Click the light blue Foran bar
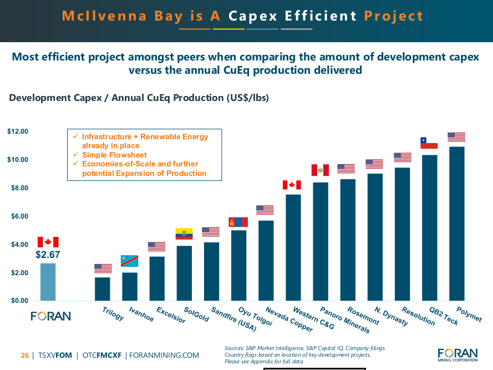[x=48, y=282]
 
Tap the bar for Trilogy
[x=103, y=289]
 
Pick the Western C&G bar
[x=293, y=247]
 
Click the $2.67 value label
[x=48, y=255]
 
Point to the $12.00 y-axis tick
[x=18, y=131]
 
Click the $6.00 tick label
[x=18, y=216]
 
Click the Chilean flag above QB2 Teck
[x=429, y=143]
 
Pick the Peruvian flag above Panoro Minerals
[x=320, y=170]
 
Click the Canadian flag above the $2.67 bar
[x=48, y=242]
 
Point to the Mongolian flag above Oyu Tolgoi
[x=238, y=222]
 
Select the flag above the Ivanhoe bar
[x=130, y=261]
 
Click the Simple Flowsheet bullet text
[x=114, y=155]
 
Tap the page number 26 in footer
[x=25, y=355]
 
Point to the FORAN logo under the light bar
[x=50, y=316]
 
